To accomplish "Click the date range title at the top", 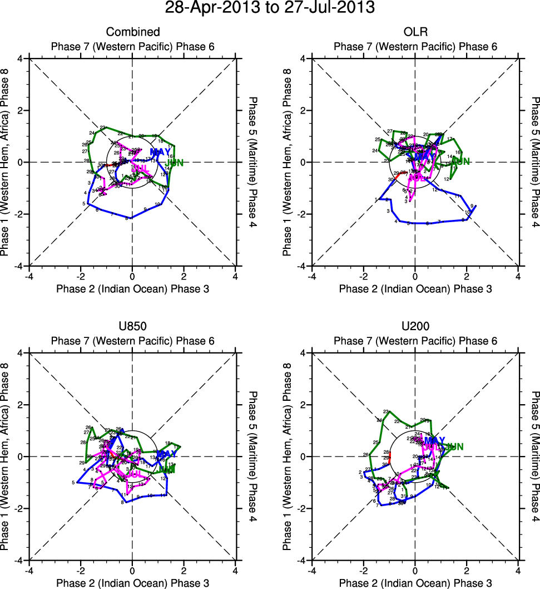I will click(x=270, y=8).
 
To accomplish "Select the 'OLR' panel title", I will click(x=415, y=32).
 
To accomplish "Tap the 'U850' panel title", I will click(x=132, y=327).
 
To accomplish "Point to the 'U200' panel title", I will click(x=415, y=327).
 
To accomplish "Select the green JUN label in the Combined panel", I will click(x=177, y=163).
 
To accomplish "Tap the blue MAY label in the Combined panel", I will click(x=160, y=152).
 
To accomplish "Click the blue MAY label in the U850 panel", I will click(x=166, y=454).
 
